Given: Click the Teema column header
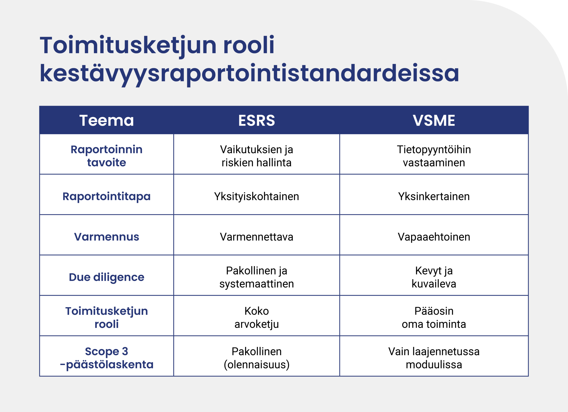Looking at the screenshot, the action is tap(106, 120).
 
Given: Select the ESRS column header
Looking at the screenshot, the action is tap(256, 120).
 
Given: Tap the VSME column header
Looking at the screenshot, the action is tap(434, 120).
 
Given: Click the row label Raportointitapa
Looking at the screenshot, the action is tap(106, 197).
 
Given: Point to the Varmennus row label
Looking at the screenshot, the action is tap(106, 237).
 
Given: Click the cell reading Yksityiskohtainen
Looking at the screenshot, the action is tap(256, 197).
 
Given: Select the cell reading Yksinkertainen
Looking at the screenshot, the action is tap(434, 197).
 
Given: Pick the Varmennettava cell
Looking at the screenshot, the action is tap(256, 237).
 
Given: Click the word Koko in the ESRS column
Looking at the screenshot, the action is tap(256, 311).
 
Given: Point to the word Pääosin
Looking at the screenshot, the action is tap(434, 311).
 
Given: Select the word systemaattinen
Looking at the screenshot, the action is tap(256, 284).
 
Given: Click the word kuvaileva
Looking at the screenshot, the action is tap(434, 284).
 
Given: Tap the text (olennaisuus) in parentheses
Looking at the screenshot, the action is tap(256, 365).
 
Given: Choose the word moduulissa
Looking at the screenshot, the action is tap(434, 365).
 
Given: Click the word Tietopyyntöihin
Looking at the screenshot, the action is tap(434, 150).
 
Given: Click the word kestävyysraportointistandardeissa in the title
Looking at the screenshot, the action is tap(249, 74).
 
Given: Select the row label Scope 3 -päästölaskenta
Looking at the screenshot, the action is tap(106, 358).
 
